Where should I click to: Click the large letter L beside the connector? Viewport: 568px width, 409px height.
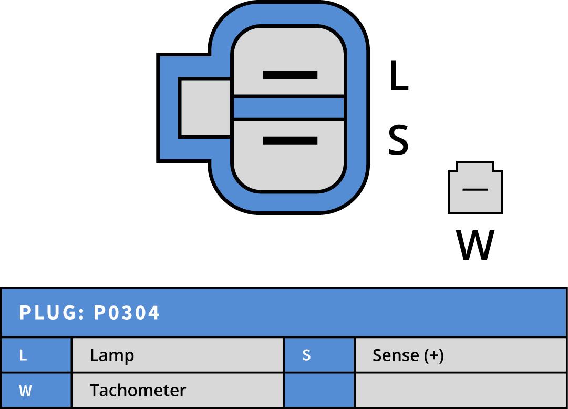[398, 77]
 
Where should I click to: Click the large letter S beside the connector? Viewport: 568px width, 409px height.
[398, 140]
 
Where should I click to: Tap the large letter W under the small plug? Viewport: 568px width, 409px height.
[475, 245]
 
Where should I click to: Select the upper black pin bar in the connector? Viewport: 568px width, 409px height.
[290, 75]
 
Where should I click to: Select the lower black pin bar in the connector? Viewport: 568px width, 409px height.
[290, 140]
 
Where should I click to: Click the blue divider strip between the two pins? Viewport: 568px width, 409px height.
[288, 108]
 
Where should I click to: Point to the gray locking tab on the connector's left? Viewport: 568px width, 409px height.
[205, 108]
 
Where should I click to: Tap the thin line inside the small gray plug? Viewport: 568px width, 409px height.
[475, 189]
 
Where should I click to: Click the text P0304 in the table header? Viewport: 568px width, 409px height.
[127, 313]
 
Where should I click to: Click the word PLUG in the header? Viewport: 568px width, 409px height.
[48, 313]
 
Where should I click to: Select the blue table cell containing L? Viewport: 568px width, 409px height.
[36, 355]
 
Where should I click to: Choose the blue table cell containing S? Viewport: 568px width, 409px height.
[319, 355]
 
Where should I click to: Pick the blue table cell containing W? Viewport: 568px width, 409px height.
[36, 391]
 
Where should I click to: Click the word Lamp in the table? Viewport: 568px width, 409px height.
[112, 355]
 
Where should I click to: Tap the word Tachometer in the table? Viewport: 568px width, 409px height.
[138, 391]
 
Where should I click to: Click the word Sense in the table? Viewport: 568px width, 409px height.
[396, 355]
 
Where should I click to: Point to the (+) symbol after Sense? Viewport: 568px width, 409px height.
[434, 355]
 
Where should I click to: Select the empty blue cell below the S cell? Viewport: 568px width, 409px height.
[319, 391]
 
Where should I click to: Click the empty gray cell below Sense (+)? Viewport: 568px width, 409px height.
[461, 391]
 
